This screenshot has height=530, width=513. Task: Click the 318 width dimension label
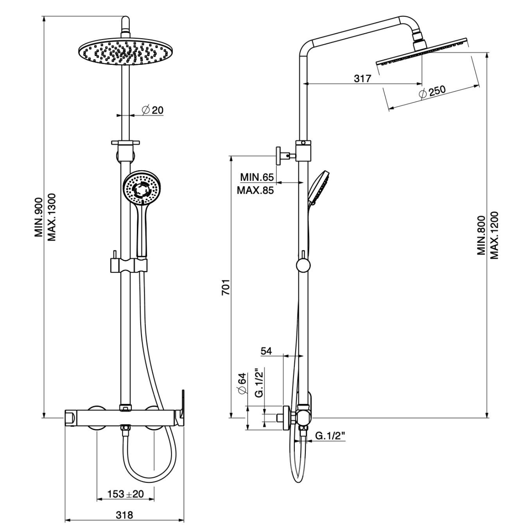click(124, 515)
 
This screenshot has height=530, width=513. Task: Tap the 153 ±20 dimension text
click(126, 494)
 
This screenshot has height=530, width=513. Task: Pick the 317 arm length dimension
click(362, 78)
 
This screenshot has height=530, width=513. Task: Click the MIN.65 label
click(256, 177)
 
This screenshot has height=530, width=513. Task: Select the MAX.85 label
click(255, 191)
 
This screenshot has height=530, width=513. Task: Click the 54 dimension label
click(266, 351)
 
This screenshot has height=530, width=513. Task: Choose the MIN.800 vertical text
click(481, 235)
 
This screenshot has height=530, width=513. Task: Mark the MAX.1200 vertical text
click(495, 235)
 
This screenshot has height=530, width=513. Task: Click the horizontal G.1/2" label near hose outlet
click(331, 436)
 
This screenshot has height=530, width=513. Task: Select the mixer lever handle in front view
click(181, 409)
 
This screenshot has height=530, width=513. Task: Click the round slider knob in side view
click(303, 265)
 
